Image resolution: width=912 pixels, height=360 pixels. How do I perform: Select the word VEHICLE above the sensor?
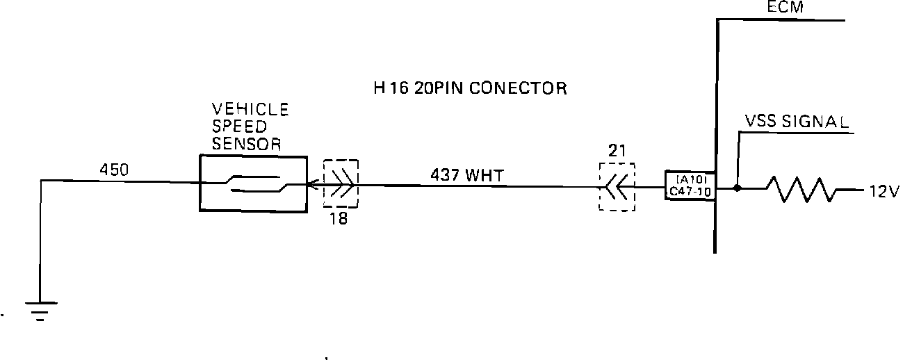(x=250, y=110)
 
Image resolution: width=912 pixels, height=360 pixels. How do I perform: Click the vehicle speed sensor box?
(x=253, y=183)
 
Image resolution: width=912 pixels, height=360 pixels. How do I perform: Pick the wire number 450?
(x=114, y=169)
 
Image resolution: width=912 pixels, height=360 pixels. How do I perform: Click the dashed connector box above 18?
(x=341, y=184)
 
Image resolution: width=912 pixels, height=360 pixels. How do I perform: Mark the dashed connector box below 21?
(x=617, y=187)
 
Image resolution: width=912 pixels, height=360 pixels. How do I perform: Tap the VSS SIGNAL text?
(x=797, y=122)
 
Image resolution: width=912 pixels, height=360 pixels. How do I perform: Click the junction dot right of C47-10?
(x=738, y=188)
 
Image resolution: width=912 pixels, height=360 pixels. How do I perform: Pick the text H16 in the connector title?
(x=389, y=88)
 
